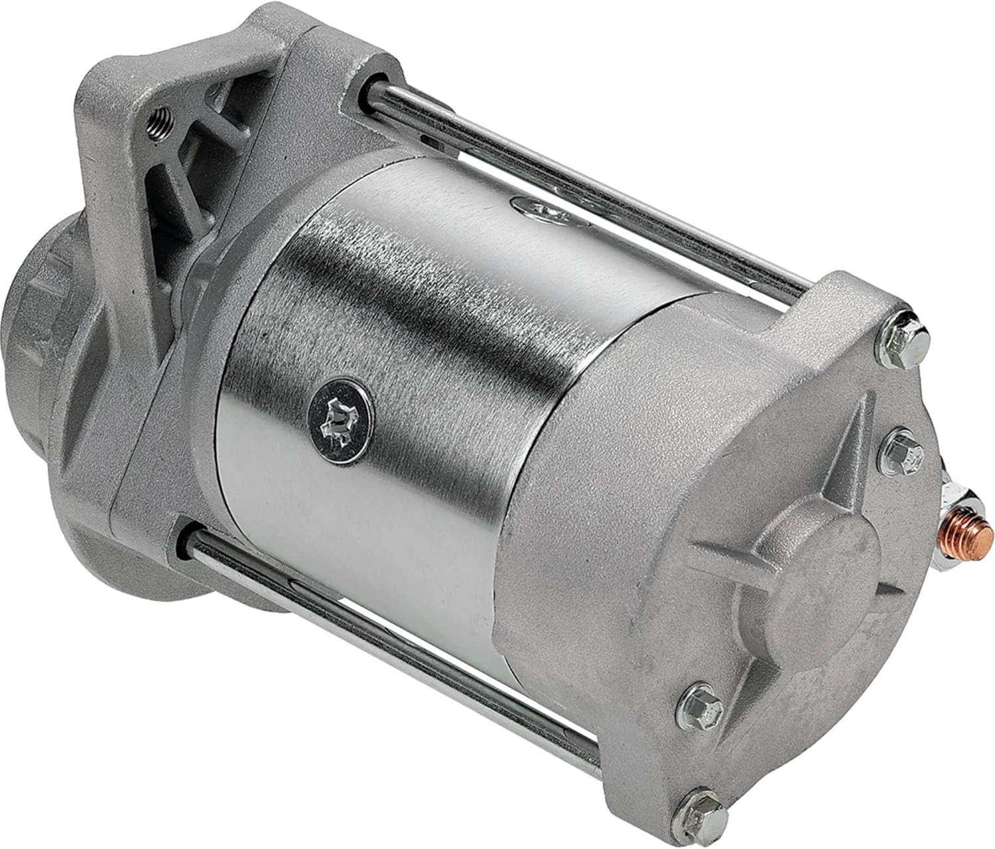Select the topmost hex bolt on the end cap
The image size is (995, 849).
coord(913,330)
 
